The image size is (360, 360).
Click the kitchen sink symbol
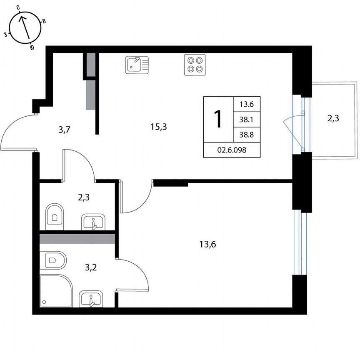(137, 65)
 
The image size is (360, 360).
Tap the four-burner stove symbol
(195, 65)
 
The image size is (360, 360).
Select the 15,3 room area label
(159, 127)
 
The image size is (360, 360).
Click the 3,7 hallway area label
(64, 130)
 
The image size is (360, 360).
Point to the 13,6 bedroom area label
(207, 244)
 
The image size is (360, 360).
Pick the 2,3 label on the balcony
(333, 118)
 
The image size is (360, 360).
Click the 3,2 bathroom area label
(91, 267)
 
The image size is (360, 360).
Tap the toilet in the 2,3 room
(55, 216)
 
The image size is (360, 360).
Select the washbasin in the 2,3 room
(93, 222)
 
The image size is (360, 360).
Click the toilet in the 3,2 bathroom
(53, 260)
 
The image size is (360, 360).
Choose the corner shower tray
(56, 291)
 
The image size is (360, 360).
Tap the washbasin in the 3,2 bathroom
(91, 299)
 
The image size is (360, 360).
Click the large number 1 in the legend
(218, 119)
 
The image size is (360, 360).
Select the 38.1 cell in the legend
(247, 120)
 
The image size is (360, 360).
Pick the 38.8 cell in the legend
(247, 135)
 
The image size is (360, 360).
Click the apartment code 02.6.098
(232, 150)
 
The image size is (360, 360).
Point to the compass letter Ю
(32, 47)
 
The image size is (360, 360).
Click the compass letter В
(44, 21)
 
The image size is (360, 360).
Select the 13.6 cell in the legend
(247, 104)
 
